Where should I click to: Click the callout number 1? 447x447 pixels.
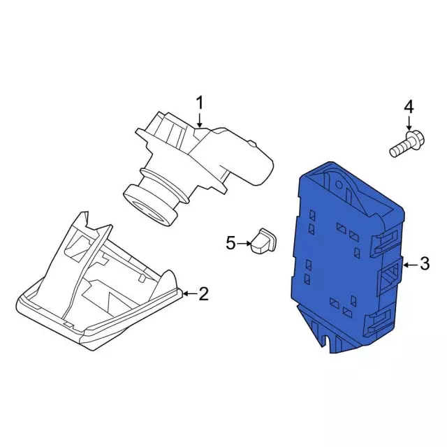(x=200, y=103)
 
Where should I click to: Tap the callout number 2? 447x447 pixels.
(x=204, y=293)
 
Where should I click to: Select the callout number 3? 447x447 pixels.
(x=425, y=263)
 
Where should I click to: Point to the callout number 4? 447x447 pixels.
(x=409, y=108)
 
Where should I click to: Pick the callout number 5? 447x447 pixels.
(x=231, y=244)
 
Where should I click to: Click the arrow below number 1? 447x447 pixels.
(x=200, y=120)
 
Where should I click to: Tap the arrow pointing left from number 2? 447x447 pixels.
(x=190, y=293)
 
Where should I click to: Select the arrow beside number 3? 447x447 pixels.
(x=411, y=265)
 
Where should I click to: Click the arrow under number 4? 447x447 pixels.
(x=409, y=124)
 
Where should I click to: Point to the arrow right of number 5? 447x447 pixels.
(x=244, y=244)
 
